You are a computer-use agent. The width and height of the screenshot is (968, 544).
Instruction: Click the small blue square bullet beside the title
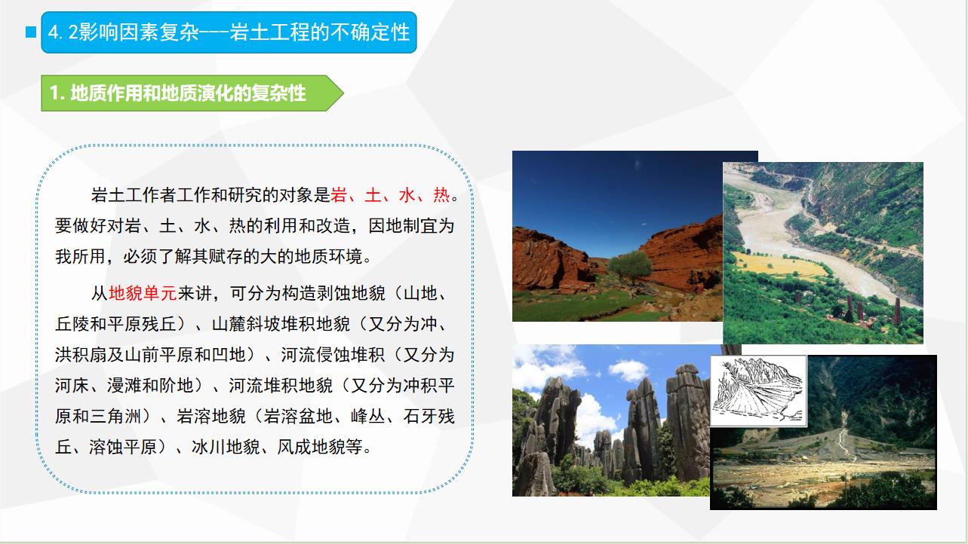coord(31,32)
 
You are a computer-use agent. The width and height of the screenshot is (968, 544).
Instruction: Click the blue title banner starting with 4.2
coord(229,32)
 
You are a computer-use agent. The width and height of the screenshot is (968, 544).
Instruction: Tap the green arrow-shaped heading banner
coord(192,93)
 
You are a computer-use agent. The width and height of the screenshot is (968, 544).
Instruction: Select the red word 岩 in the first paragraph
coord(339,195)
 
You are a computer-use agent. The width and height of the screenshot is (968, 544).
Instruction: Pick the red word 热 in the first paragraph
coord(441,195)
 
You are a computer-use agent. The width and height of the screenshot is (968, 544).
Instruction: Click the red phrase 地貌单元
coord(143,293)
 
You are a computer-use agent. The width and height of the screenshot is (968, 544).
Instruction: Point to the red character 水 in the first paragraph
coord(407,195)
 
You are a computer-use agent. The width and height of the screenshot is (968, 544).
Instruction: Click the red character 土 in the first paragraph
coord(373,195)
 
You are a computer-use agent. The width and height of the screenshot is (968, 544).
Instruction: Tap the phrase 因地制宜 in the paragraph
coord(403,225)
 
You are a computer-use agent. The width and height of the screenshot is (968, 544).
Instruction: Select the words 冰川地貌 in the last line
coord(226,447)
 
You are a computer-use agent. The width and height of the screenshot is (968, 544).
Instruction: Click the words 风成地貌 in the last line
coord(311,447)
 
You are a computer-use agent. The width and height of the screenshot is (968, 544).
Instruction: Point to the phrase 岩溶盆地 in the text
coord(298,417)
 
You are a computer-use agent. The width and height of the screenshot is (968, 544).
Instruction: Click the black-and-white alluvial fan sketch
coord(758,391)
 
